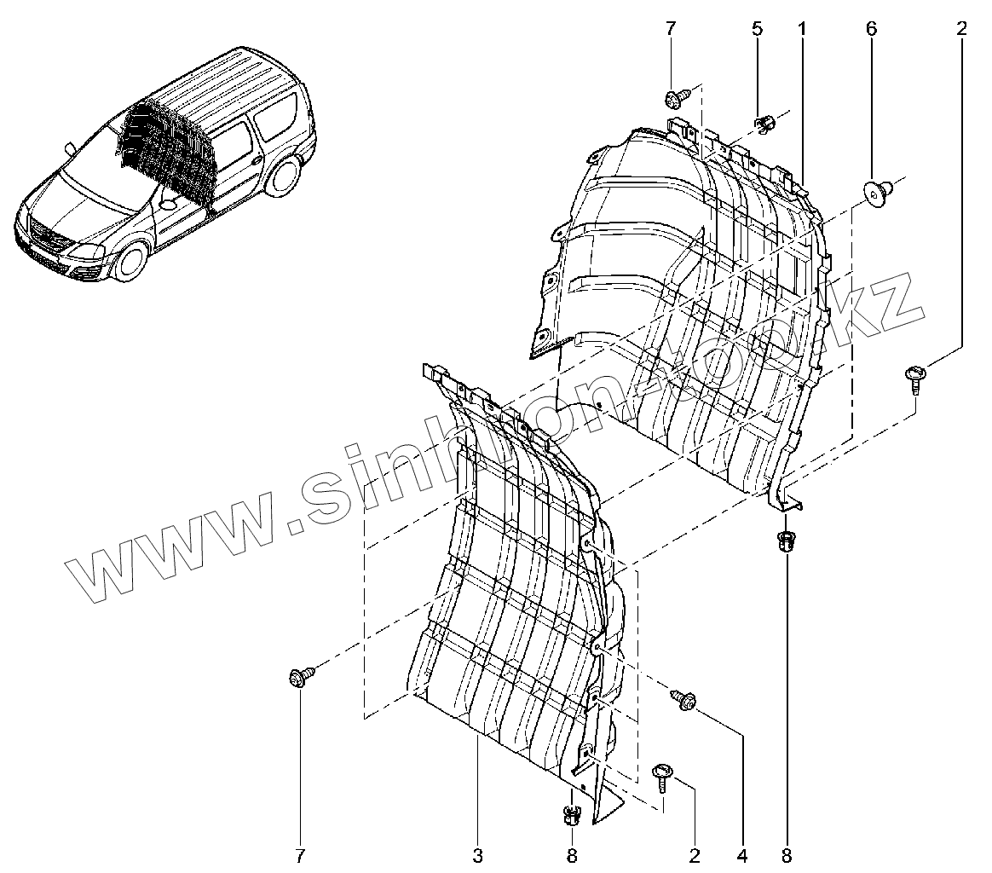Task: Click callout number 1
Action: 802,28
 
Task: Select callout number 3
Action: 477,854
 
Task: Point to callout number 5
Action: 757,28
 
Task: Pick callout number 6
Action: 870,28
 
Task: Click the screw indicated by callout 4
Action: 683,699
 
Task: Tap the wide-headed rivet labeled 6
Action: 877,190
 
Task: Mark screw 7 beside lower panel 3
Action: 301,678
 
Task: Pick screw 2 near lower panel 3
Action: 662,774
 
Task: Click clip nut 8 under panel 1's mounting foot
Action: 785,541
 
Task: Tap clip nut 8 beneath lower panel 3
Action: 572,816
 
